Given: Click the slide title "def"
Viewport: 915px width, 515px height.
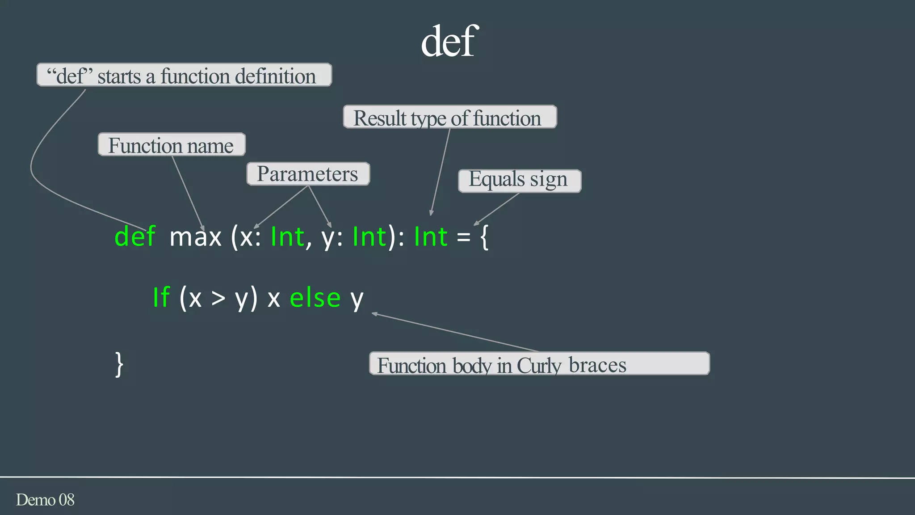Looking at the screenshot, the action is [x=449, y=41].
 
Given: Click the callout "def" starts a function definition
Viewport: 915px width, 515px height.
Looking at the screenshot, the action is [x=184, y=75].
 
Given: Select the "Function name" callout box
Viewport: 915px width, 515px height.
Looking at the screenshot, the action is [x=172, y=145].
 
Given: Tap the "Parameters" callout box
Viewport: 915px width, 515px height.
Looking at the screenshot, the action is [x=308, y=174].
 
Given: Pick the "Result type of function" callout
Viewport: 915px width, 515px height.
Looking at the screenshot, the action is [x=449, y=117].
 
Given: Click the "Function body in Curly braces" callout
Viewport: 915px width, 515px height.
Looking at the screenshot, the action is [x=539, y=364].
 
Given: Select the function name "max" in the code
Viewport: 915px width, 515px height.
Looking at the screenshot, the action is [x=196, y=237].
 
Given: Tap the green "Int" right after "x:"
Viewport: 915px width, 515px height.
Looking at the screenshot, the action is [x=287, y=237].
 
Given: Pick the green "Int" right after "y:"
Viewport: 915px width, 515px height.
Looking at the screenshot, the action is [x=369, y=237].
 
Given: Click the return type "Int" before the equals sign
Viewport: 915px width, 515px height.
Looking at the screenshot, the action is [x=431, y=237].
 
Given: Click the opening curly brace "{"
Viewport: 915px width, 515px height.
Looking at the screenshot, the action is [x=484, y=237].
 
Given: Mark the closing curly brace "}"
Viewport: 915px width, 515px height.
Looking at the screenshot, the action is [x=119, y=364].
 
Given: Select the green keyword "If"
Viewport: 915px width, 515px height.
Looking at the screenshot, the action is [x=161, y=297].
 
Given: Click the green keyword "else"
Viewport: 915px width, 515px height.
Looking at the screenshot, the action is [x=315, y=298].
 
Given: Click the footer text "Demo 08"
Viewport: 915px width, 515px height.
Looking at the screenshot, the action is [x=45, y=500].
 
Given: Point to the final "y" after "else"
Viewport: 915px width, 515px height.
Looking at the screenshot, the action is [x=357, y=300].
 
